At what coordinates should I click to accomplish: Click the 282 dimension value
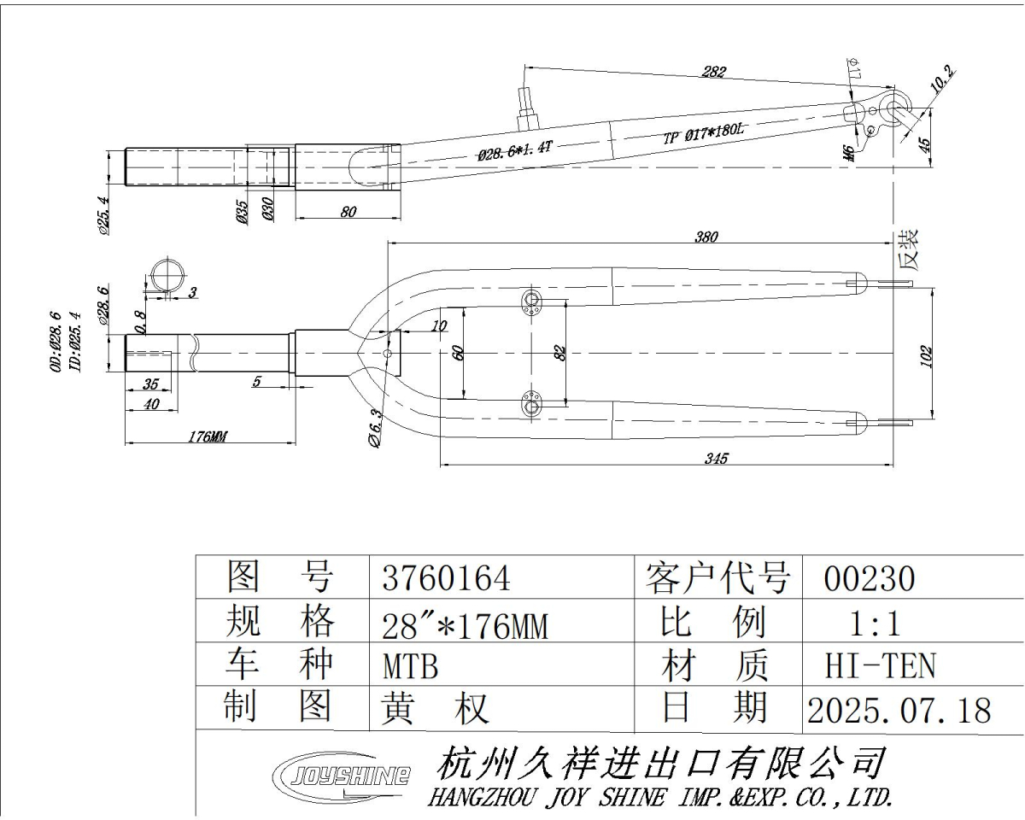click(713, 72)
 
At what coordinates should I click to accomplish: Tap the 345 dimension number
click(716, 459)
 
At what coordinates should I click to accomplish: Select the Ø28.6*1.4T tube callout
click(516, 151)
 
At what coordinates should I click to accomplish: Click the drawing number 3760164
click(446, 580)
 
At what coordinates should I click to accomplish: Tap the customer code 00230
click(869, 580)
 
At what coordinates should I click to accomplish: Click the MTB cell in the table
click(411, 666)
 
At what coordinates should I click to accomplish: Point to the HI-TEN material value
click(881, 665)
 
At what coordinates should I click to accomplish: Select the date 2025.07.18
click(899, 710)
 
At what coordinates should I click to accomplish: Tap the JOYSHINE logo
click(340, 776)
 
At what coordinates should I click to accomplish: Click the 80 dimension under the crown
click(348, 212)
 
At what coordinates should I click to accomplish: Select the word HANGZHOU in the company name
click(481, 798)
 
